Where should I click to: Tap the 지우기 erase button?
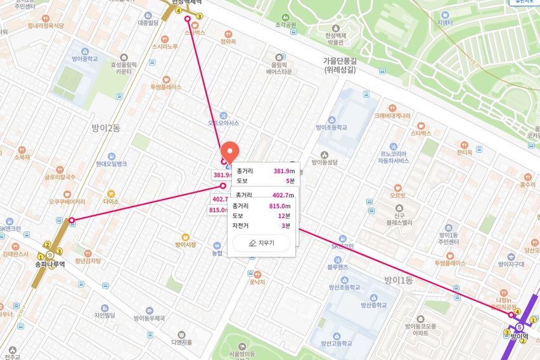click(261, 243)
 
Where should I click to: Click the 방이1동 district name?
click(398, 280)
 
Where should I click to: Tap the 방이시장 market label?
click(186, 244)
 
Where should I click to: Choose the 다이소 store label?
click(111, 201)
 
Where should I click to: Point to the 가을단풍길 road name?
click(339, 61)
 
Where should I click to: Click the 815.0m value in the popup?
click(280, 206)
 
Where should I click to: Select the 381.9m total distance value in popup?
click(284, 171)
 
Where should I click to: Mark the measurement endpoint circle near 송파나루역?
click(72, 221)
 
